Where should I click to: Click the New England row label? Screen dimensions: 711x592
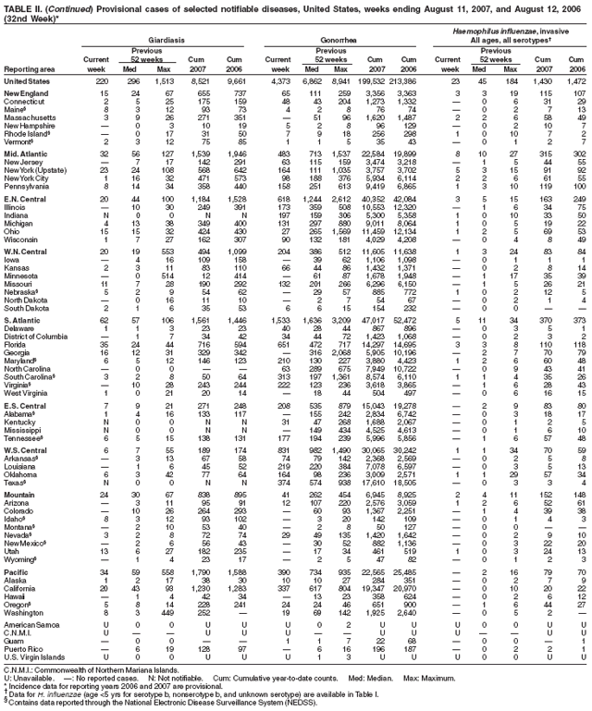point(29,96)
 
